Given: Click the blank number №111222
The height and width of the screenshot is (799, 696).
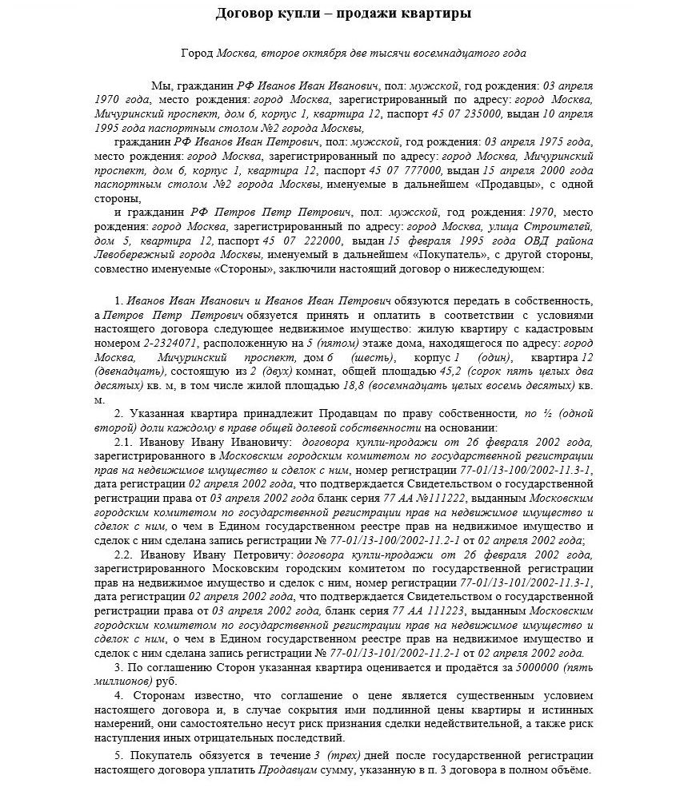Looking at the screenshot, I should (x=439, y=498).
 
